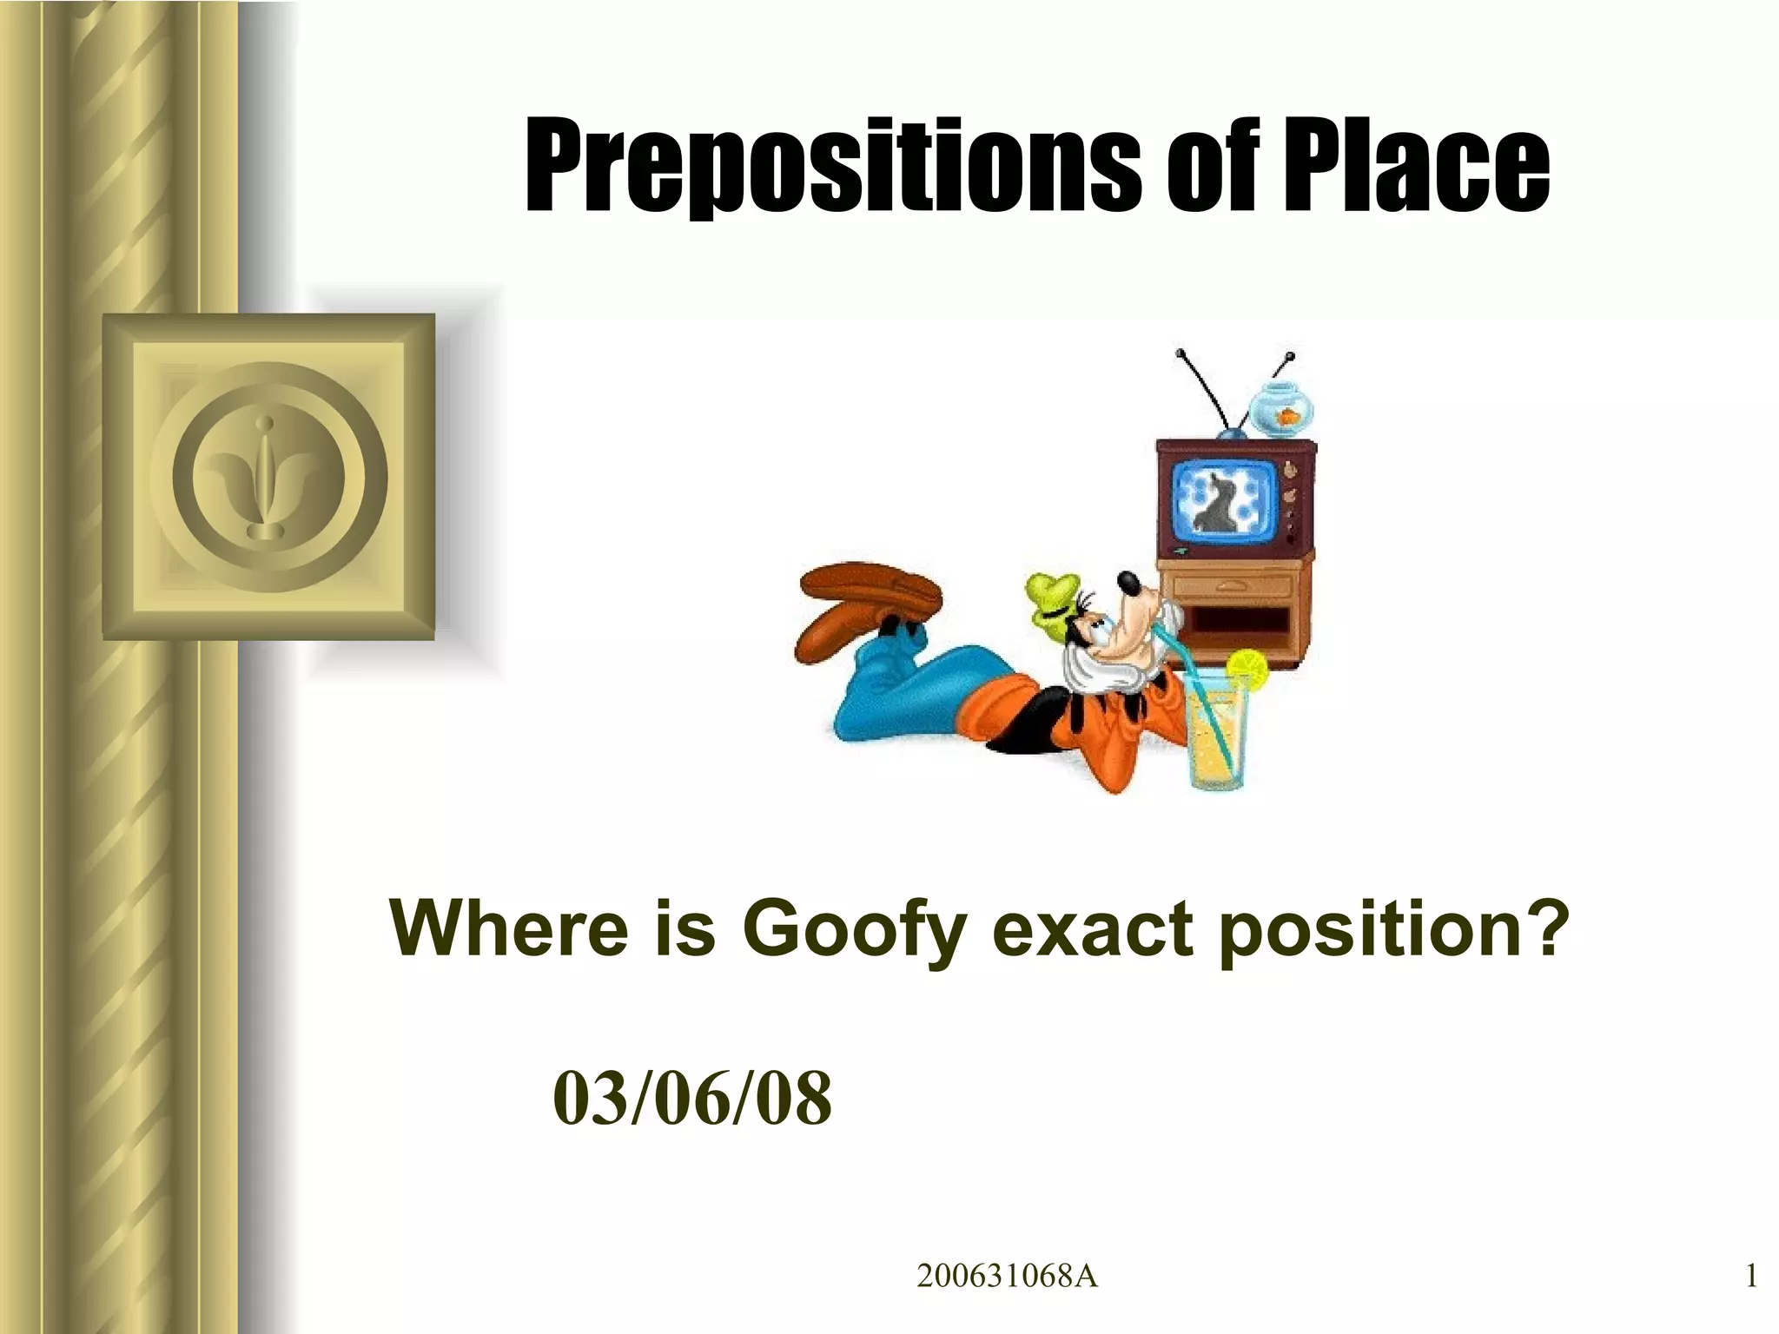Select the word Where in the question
pos(508,928)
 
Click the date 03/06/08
pos(691,1099)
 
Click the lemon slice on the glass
pos(1247,669)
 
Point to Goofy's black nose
pos(1128,580)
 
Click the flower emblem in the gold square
pos(269,478)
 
